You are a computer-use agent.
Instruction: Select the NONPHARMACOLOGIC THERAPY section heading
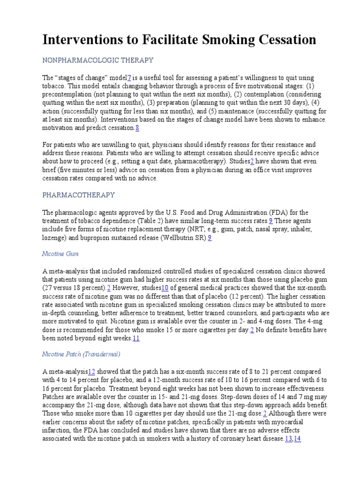point(98,60)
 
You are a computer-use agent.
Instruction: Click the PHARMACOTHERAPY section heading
point(79,195)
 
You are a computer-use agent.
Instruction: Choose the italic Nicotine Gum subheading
point(60,254)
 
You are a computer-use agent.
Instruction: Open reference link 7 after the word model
point(129,77)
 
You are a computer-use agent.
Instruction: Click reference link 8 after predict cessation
point(137,128)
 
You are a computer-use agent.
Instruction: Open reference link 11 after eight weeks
point(136,338)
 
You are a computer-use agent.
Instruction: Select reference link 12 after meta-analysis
point(91,371)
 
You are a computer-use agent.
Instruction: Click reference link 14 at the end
point(297,439)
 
